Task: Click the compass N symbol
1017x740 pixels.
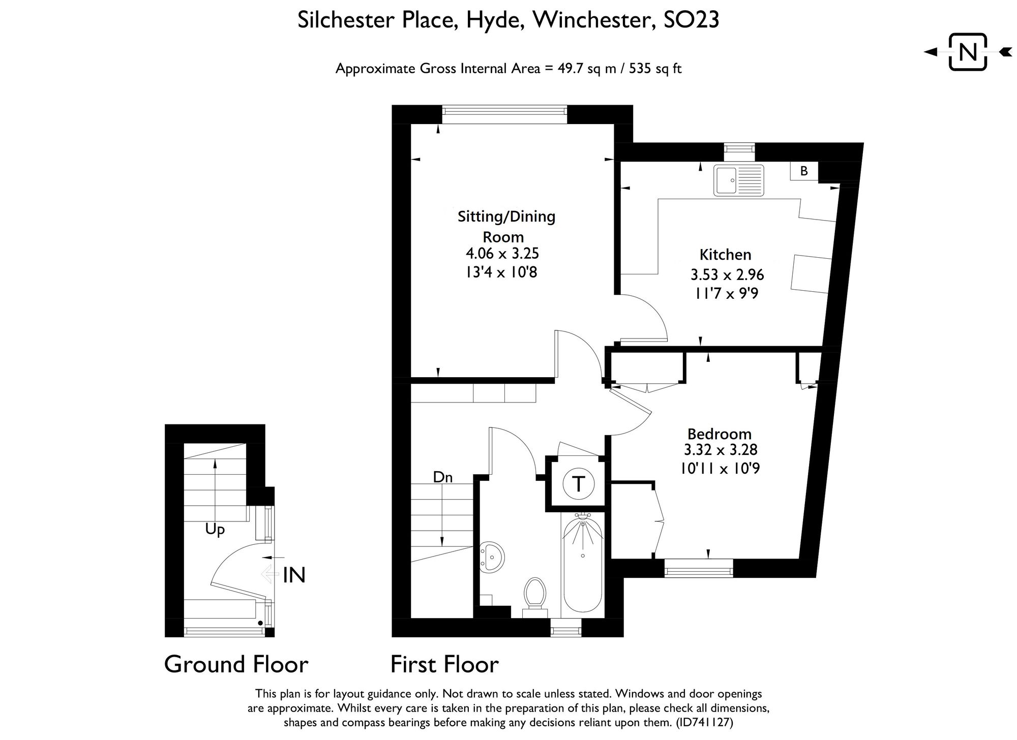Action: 968,52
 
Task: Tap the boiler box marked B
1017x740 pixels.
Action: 804,171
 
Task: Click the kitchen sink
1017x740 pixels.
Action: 738,180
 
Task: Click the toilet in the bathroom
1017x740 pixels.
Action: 534,593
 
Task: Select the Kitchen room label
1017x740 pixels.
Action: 725,255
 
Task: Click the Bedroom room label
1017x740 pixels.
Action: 719,434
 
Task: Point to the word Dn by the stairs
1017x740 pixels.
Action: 442,477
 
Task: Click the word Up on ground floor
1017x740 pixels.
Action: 215,530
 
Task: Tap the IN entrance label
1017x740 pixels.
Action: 294,575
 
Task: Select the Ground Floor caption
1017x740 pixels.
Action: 236,664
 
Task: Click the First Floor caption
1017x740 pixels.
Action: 444,664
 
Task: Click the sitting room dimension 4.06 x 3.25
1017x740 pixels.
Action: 502,253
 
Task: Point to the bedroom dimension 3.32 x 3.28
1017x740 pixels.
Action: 721,450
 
